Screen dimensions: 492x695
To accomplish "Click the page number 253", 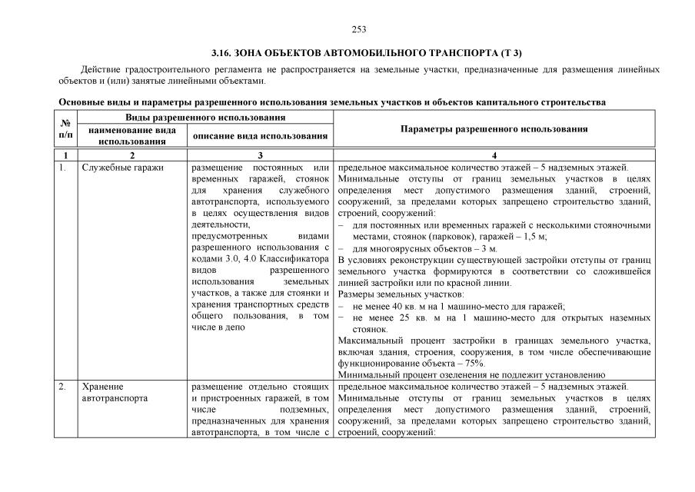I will click(x=359, y=29).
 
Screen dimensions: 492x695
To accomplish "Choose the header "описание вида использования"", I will click(x=260, y=136).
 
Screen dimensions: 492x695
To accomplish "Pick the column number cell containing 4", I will click(x=494, y=155).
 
